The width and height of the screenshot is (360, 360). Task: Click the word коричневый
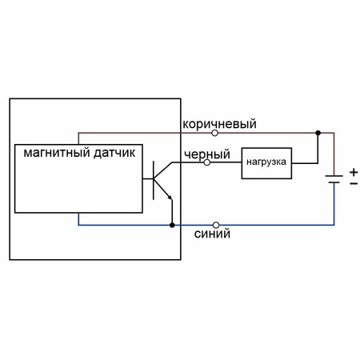[219, 124]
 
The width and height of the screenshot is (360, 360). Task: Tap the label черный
[207, 154]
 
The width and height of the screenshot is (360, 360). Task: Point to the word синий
[212, 234]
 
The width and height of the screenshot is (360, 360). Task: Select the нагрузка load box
[266, 163]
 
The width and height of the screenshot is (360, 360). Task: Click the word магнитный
[57, 153]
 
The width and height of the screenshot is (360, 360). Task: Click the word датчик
[114, 154]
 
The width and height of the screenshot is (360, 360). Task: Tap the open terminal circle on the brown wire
[215, 133]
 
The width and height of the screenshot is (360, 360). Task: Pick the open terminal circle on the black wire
[207, 162]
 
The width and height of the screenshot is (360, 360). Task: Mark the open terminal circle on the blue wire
[216, 225]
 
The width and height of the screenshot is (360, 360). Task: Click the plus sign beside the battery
[354, 172]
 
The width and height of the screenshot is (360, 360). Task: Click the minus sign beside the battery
[354, 184]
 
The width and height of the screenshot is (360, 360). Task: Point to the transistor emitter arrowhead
[170, 197]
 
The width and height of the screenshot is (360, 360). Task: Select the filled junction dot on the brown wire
[318, 133]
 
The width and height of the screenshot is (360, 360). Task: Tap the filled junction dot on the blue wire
[172, 225]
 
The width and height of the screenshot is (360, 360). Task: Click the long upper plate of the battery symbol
[334, 176]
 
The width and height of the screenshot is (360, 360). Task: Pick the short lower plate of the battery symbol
[334, 182]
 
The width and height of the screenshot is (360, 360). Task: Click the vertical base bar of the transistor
[154, 180]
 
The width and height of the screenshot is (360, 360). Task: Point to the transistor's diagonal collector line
[163, 170]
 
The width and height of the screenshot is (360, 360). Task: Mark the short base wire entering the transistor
[148, 178]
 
